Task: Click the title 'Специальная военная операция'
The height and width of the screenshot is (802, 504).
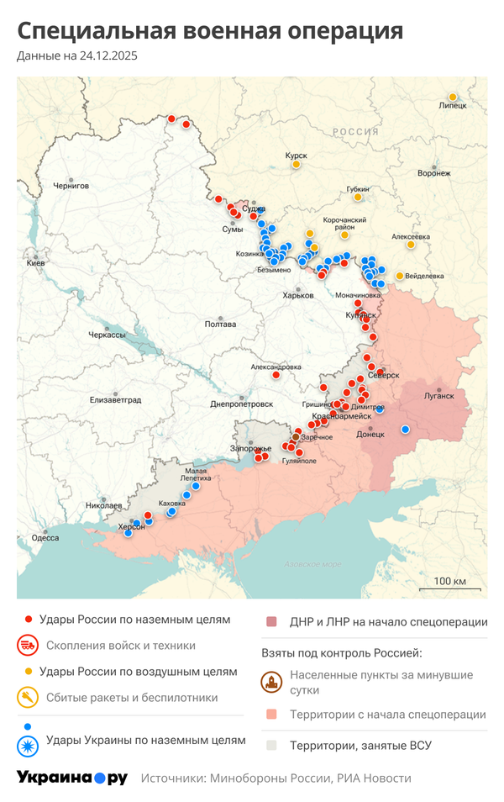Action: pos(210,31)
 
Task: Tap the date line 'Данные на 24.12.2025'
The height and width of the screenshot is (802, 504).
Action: pos(77,56)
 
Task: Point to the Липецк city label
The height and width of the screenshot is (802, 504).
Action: pos(453,106)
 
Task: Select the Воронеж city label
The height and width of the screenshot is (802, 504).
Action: pos(434,173)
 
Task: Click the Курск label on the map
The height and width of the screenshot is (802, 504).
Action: pos(296,156)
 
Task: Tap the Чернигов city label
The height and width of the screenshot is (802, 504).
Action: pos(71,186)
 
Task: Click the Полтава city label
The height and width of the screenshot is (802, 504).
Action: pos(220,324)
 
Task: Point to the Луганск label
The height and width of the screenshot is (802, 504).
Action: pos(438,395)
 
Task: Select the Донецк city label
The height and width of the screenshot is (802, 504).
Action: pos(370,435)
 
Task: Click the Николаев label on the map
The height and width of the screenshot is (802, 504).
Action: pos(103,505)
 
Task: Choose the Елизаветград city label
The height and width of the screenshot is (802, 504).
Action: pos(116,400)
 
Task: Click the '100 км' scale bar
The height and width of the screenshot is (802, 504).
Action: pos(450,584)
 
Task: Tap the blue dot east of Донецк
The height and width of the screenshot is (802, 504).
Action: pos(406,430)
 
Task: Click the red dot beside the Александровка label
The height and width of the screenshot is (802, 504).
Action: pos(276,375)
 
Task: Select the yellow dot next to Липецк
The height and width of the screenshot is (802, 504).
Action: pos(453,96)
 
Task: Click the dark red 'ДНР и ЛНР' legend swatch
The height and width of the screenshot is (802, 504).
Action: pos(271,622)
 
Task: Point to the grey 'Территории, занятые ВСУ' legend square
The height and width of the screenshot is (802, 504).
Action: pos(271,745)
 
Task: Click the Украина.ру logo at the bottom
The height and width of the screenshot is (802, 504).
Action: pos(71,778)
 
